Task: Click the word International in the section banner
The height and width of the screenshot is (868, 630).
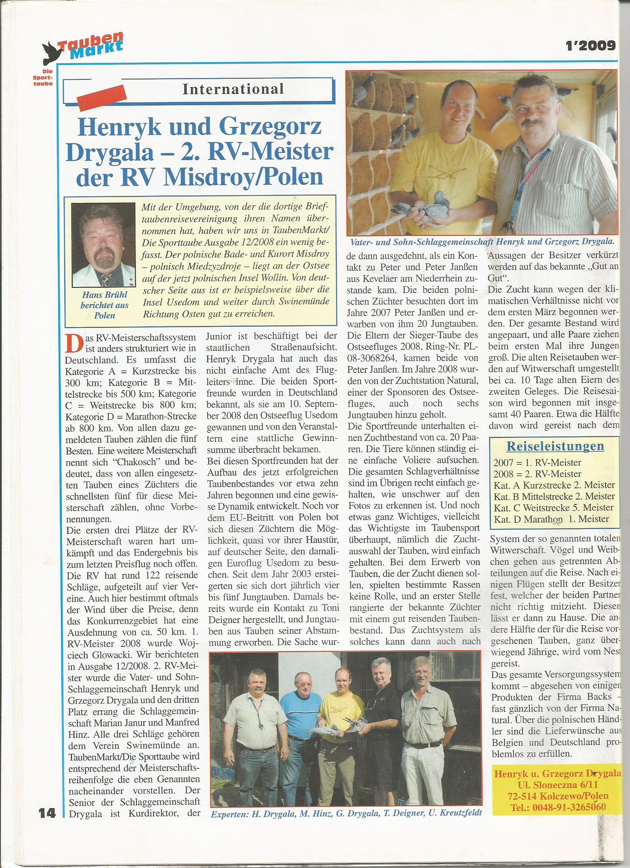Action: point(233,89)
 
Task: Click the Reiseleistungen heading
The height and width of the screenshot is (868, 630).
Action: point(555,446)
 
